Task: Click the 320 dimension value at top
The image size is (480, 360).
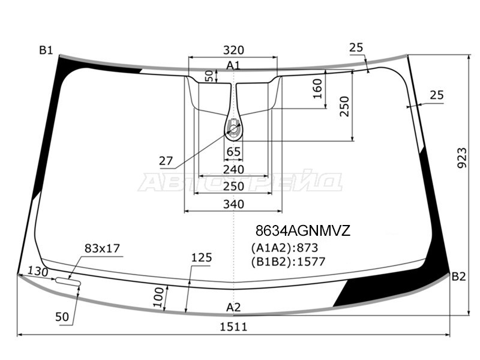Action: (233, 50)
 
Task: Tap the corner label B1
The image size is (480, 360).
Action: (46, 50)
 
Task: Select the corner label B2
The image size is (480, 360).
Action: (458, 277)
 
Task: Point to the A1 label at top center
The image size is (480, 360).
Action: (233, 65)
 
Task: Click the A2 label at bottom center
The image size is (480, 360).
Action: (233, 307)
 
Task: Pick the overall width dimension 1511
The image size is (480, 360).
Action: (233, 327)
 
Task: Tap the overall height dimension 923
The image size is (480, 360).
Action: (462, 158)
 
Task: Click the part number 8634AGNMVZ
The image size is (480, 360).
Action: (303, 230)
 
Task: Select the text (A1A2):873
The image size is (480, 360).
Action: (284, 247)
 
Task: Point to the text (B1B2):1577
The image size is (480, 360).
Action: (288, 262)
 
